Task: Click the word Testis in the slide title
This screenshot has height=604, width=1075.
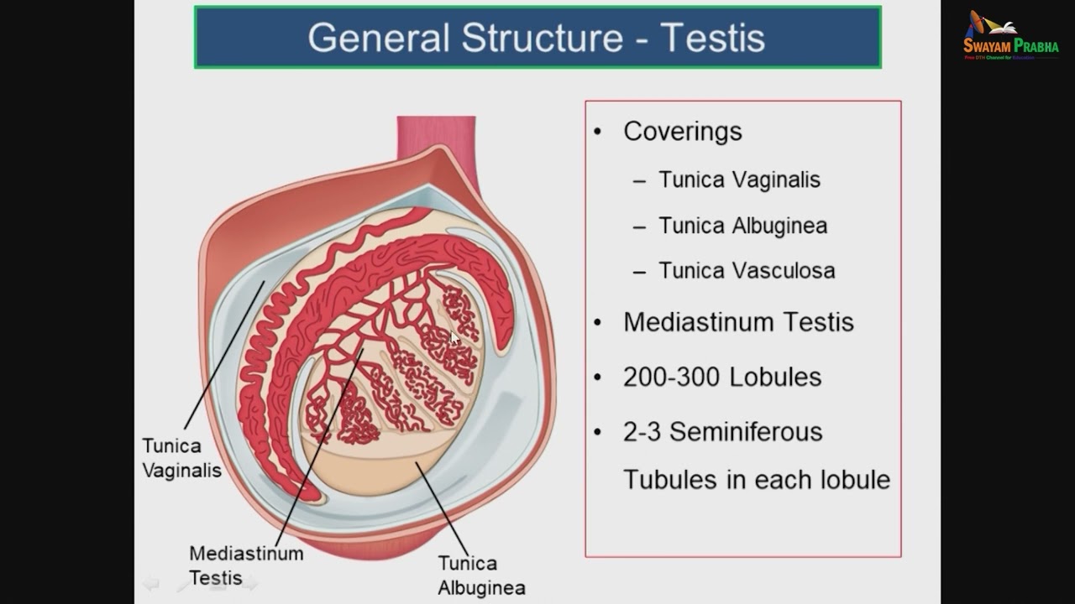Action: [x=712, y=38]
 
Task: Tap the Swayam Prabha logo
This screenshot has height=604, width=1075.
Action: [x=1010, y=36]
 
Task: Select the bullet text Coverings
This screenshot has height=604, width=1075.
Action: [x=682, y=132]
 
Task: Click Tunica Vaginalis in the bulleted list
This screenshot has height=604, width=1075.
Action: [x=739, y=180]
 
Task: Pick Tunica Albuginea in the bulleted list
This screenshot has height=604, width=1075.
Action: [x=742, y=226]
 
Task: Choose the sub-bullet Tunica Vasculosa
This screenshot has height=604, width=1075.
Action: [x=746, y=271]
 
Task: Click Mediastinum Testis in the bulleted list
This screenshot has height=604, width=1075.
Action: [x=738, y=322]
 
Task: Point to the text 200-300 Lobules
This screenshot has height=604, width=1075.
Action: [x=721, y=377]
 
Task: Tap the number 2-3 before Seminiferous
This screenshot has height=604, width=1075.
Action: [x=642, y=432]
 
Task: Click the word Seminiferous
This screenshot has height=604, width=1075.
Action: [x=746, y=432]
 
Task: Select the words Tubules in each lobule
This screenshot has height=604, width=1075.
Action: [x=756, y=480]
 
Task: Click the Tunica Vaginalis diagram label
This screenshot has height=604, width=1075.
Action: [x=181, y=458]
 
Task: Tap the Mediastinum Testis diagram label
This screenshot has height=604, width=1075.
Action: [x=245, y=565]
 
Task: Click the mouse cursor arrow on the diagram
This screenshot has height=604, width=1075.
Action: [x=454, y=338]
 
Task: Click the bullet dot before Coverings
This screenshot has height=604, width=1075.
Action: [x=598, y=132]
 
